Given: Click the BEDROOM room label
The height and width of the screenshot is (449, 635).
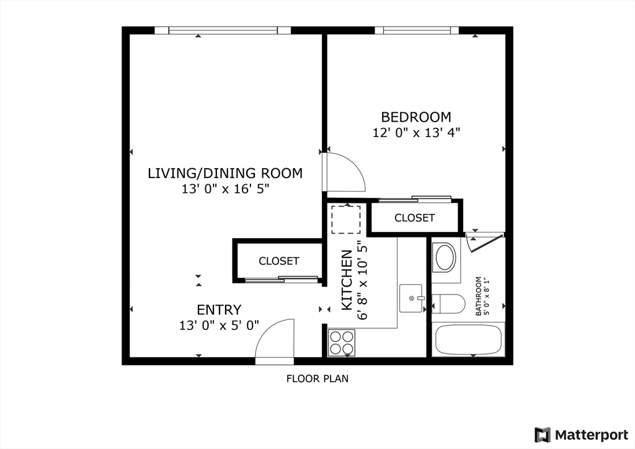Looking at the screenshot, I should (415, 117).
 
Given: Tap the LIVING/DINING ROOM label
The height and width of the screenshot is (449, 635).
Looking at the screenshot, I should (225, 173).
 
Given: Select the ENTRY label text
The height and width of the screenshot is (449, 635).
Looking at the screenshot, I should (219, 309).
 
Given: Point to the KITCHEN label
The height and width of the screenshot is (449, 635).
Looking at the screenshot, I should (347, 280).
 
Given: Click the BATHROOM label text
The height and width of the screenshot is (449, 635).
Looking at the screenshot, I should (478, 296).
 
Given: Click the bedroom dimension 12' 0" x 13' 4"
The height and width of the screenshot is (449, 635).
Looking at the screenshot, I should (415, 132).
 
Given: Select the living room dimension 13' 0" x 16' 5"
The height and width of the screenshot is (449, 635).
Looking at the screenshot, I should (225, 189).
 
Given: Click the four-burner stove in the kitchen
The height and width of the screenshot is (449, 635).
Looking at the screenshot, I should (342, 342).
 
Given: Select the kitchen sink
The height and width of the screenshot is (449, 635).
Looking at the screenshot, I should (411, 298).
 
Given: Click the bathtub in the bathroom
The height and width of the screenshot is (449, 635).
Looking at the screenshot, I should (468, 340).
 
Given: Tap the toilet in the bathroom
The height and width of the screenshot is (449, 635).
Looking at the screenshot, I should (450, 303).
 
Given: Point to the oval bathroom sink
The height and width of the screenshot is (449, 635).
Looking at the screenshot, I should (445, 258).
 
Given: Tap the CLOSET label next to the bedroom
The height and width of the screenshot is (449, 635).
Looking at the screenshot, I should (414, 218).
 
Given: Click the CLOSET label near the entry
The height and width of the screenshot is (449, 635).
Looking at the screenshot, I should (278, 261).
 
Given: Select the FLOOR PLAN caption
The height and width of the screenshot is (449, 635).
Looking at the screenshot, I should (317, 378).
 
